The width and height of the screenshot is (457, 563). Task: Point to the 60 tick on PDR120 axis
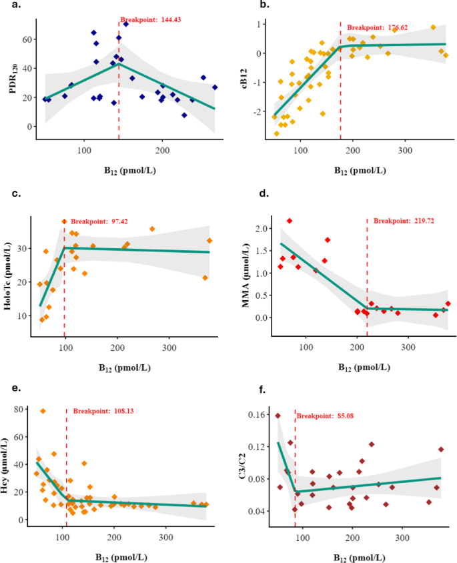coord(25,39)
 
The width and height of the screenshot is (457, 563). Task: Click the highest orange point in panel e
coord(43,412)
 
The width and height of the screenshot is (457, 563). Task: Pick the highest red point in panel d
coord(290,221)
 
